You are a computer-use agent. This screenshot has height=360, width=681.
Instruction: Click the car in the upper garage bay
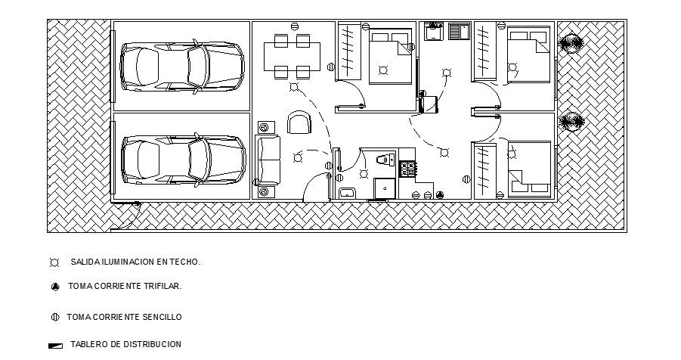181,67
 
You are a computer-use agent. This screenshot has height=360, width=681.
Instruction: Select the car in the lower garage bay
183,159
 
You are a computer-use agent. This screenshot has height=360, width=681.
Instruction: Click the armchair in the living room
299,122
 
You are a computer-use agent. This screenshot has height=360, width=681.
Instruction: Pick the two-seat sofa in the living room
268,160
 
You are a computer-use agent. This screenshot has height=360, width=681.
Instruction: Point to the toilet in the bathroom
384,159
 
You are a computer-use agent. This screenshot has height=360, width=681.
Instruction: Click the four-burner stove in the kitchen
407,169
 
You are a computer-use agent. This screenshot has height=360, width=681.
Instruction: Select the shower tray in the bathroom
384,188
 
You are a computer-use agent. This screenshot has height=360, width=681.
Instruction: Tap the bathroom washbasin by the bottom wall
348,193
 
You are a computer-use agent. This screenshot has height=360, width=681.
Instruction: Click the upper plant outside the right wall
571,45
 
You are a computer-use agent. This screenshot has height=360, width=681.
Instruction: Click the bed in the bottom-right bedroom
528,167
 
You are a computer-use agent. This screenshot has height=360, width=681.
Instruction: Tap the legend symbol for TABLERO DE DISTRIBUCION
55,346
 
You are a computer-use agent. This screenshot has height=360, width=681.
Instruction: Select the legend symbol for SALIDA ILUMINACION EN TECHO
54,262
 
